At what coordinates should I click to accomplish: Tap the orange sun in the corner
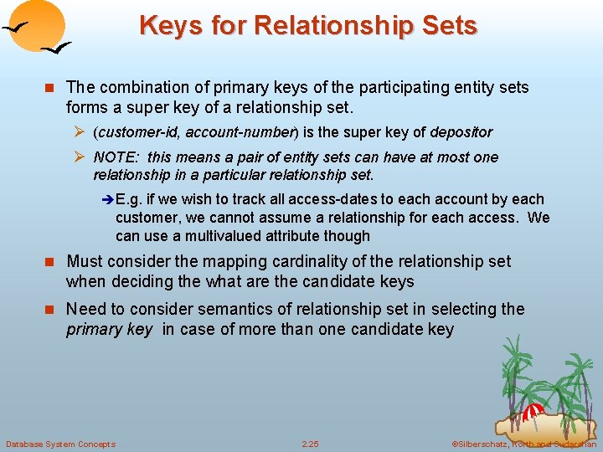coord(41,25)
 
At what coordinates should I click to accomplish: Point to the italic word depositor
coord(461,132)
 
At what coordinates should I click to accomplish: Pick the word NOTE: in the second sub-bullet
coord(118,157)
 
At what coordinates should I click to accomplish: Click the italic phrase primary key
coord(110,329)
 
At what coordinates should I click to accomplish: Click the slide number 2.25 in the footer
coord(310,444)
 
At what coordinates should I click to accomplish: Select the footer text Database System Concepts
coord(60,444)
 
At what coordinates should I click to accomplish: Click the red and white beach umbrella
coord(533,411)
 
